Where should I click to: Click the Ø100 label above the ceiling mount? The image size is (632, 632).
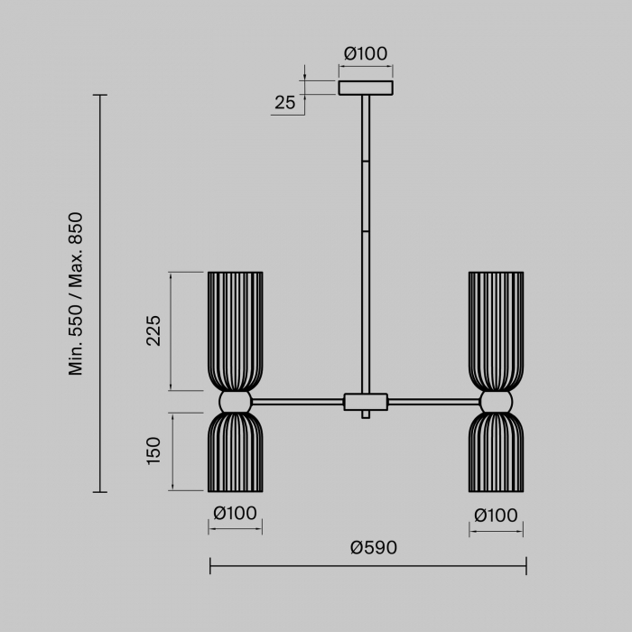[x=366, y=53]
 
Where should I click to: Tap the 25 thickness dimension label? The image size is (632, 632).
[x=285, y=103]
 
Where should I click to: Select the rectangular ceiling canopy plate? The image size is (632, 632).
[x=366, y=88]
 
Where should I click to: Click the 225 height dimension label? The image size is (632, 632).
[x=153, y=330]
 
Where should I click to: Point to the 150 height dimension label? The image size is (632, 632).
[x=153, y=451]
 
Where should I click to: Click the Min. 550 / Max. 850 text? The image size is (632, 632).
[x=75, y=293]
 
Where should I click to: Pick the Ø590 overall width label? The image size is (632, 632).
[x=374, y=547]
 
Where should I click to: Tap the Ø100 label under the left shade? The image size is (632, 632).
[x=235, y=513]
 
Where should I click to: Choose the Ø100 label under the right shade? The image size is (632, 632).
[x=496, y=516]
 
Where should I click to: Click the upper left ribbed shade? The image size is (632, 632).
[x=236, y=331]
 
